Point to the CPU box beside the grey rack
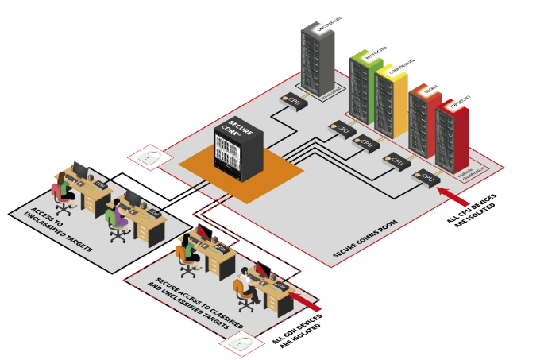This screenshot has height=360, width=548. [x=293, y=102]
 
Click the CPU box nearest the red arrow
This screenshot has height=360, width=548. [x=426, y=177]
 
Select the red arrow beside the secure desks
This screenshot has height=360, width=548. [x=311, y=303]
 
